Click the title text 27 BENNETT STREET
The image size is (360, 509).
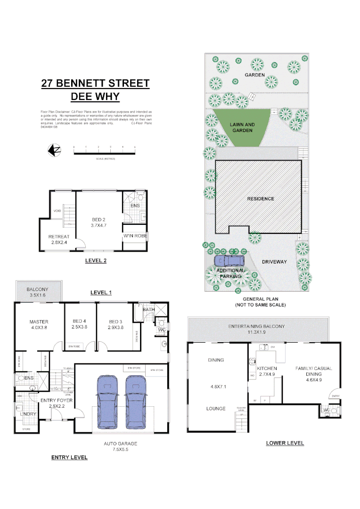coord(95,84)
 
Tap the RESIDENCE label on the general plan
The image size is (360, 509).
coord(261,199)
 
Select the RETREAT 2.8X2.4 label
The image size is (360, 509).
coord(59,240)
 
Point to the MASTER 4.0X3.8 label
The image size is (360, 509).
coord(39,326)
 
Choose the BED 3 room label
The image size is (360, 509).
coord(116,324)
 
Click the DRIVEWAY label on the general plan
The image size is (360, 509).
coord(274,262)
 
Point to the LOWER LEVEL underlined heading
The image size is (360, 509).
coord(285,443)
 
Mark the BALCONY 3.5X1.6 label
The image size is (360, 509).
coord(37,292)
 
